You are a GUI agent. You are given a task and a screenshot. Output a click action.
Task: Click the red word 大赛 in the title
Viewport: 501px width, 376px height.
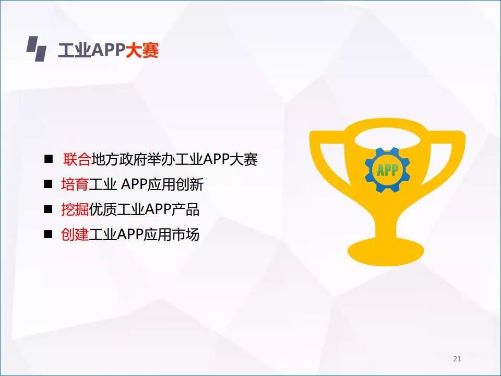pyautogui.click(x=142, y=50)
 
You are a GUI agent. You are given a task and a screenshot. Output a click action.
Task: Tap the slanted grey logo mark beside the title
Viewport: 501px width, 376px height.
pyautogui.click(x=37, y=49)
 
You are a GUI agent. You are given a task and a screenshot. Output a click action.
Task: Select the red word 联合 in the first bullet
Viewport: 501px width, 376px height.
pyautogui.click(x=77, y=159)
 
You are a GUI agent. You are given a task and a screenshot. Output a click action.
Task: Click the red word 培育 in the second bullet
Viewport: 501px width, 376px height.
pyautogui.click(x=75, y=184)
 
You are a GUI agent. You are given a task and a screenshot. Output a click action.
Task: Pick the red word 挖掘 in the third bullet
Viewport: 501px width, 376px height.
pyautogui.click(x=75, y=209)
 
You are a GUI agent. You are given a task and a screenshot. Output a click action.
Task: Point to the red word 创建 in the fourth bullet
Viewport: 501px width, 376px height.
pyautogui.click(x=75, y=234)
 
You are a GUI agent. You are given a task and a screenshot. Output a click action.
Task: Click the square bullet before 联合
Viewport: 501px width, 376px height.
pyautogui.click(x=49, y=159)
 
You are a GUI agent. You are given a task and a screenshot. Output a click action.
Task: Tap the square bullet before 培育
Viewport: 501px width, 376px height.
pyautogui.click(x=48, y=184)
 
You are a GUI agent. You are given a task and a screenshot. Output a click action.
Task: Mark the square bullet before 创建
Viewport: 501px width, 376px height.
pyautogui.click(x=48, y=234)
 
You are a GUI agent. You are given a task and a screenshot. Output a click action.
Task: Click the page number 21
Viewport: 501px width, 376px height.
pyautogui.click(x=457, y=359)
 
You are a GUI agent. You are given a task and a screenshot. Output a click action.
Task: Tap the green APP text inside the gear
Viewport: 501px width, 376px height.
pyautogui.click(x=388, y=170)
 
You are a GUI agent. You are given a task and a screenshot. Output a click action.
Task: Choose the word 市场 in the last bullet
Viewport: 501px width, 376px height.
pyautogui.click(x=186, y=234)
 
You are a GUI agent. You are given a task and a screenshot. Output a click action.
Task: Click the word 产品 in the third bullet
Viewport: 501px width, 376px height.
pyautogui.click(x=186, y=209)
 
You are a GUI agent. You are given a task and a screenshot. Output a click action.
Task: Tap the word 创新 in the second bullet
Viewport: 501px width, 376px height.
pyautogui.click(x=190, y=184)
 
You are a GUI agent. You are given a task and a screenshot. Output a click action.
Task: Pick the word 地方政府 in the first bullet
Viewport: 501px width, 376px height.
pyautogui.click(x=119, y=159)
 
